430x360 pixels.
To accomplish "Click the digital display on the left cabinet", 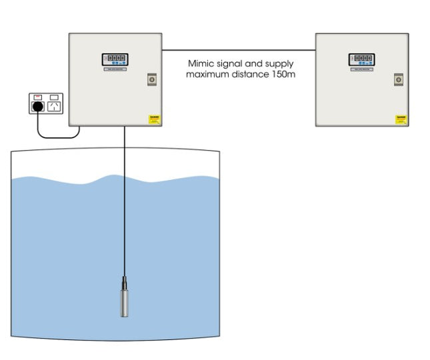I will (114, 59).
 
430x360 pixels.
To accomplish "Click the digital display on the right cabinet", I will (361, 59).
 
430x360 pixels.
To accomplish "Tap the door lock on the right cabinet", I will (399, 79).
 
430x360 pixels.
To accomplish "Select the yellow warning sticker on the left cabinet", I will (154, 119).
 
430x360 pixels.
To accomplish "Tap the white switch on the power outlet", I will (54, 97).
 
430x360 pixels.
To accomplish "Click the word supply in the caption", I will (278, 63).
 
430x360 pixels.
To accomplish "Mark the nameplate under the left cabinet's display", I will (114, 69).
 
